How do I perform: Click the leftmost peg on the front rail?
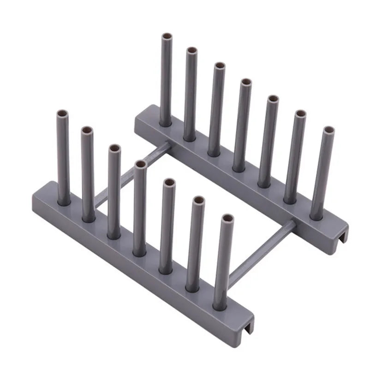64,157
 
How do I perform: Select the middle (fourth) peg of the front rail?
139,208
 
